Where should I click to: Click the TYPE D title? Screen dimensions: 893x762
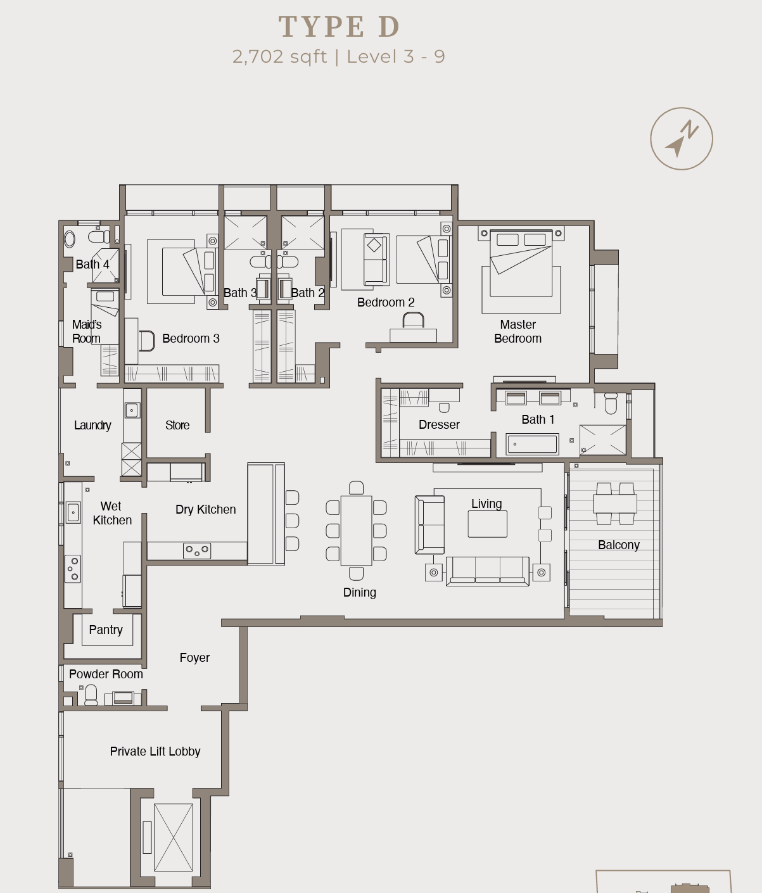coord(339,27)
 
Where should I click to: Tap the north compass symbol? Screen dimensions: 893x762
coord(682,139)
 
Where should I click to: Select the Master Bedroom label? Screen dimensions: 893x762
coord(518,331)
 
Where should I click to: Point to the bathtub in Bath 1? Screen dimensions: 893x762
coord(532,444)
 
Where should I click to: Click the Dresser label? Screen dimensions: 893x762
coord(439,424)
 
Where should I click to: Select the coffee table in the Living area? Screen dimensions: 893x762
coord(487,524)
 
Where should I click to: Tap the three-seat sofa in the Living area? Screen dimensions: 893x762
coord(487,571)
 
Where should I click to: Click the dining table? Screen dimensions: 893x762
coord(356,531)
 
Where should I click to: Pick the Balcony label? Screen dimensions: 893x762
coord(618,545)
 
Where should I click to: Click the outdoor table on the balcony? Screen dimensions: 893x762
coord(615,503)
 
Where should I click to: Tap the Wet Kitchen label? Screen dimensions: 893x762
coord(111,513)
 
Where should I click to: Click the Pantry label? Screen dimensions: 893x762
coord(106,630)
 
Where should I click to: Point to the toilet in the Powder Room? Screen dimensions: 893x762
coord(91,695)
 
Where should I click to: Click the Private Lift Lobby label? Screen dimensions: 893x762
coord(155,751)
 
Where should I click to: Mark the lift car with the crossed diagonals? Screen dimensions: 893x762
coord(173,837)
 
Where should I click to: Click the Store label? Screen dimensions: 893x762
coord(177,425)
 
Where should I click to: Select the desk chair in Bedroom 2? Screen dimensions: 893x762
coord(413,320)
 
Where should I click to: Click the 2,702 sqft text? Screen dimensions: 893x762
coord(279,56)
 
